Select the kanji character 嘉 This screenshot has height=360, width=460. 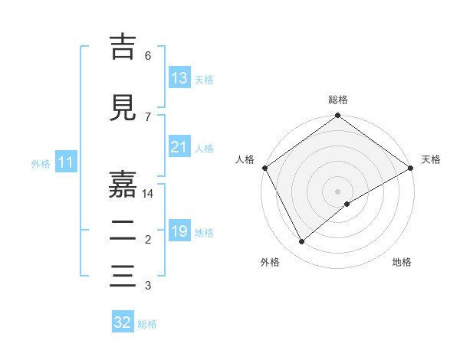coord(123,184)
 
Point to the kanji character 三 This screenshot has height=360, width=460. coord(123,275)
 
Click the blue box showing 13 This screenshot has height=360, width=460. coord(179,78)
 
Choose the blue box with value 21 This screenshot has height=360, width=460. coord(179,147)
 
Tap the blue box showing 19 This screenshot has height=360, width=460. coord(179,231)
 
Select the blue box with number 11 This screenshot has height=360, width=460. coord(65,162)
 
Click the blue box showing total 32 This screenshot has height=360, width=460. coord(123,322)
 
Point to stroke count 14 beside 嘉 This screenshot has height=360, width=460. coord(148,195)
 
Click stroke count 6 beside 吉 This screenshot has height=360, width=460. coord(148,55)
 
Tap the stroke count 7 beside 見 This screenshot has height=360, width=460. coord(148,116)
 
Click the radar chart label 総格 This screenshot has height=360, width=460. coord(338,100)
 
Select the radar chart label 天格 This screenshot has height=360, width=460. coord(431,159)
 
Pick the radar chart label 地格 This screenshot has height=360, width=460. coord(402,262)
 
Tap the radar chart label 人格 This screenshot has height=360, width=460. coord(245,159)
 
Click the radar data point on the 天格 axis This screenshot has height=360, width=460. coord(411,168)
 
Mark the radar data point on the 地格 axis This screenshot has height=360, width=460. coord(347,204)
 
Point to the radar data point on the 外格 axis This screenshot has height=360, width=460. coord(302,242)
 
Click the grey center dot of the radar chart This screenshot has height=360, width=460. coord(338,191)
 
